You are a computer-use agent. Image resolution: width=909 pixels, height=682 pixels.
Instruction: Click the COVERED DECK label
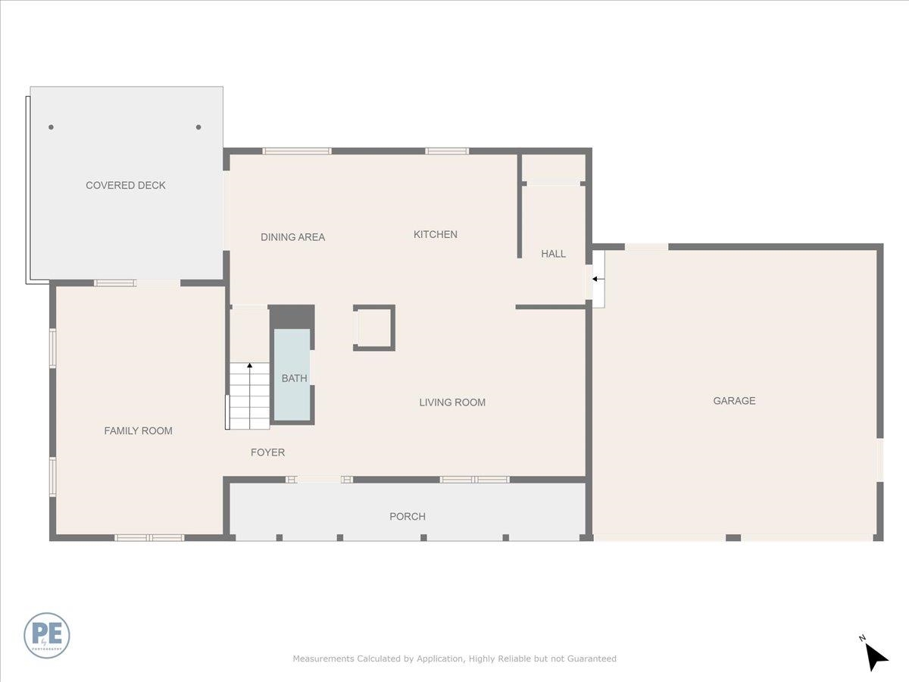point(126,186)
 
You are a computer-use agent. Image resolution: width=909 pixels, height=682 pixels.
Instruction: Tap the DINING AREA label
point(292,237)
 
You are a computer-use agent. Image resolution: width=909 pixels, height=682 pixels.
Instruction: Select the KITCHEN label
point(435,235)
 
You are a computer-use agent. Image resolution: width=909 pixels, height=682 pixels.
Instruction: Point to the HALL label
point(553,254)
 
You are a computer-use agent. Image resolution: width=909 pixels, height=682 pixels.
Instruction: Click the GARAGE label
point(734,401)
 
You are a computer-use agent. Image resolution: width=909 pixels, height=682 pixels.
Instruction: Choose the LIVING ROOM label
point(452,402)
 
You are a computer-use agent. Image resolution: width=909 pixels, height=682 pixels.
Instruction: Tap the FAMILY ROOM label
point(138,431)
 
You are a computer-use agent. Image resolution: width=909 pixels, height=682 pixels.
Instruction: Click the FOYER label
point(267,452)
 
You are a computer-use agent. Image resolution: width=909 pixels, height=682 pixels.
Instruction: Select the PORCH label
point(408,517)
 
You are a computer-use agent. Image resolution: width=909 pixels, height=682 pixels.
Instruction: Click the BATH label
point(294,378)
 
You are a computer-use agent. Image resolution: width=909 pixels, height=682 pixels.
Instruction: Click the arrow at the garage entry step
point(598,280)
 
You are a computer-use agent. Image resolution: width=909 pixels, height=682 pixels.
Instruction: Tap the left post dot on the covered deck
point(51,127)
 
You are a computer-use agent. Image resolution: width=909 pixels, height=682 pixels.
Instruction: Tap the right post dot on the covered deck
point(198,127)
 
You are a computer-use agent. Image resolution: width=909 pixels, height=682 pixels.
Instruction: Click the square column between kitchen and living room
point(374,328)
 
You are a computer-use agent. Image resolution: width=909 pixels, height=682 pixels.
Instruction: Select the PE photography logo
point(47,635)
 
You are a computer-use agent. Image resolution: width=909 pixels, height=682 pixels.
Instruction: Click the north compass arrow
point(876,656)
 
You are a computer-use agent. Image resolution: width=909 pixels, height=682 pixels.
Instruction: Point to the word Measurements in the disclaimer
point(323,659)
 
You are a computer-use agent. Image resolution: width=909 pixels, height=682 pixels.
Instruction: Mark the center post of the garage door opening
point(733,538)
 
